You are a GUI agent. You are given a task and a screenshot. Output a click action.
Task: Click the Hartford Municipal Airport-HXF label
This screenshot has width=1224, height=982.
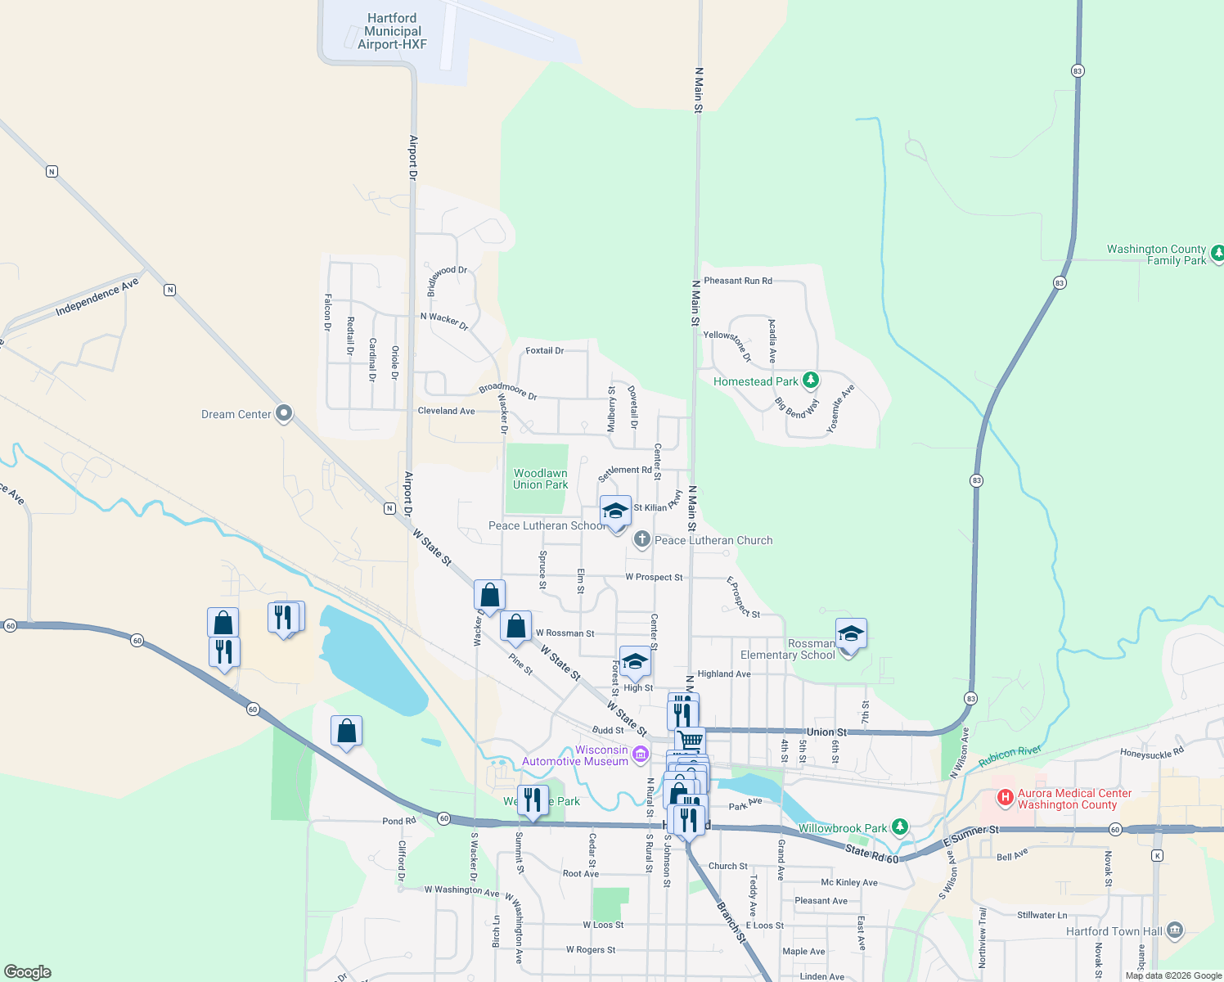tap(392, 31)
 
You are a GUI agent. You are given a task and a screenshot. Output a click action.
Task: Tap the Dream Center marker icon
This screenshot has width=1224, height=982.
tap(284, 413)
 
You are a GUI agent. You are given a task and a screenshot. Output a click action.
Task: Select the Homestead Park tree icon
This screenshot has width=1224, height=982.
tap(810, 381)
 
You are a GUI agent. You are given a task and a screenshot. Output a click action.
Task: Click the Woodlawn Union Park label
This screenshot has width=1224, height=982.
tap(540, 479)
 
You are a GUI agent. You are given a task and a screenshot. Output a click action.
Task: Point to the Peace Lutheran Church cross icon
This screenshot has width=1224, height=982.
tap(642, 538)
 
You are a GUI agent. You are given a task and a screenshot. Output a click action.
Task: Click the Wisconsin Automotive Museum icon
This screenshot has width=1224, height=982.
tap(641, 754)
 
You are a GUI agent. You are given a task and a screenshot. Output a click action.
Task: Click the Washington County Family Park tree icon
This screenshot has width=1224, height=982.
tap(1217, 254)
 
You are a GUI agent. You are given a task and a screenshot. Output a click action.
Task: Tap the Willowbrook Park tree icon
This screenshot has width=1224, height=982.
tap(899, 827)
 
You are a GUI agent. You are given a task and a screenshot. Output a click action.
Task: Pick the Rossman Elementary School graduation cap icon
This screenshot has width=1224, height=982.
tap(851, 633)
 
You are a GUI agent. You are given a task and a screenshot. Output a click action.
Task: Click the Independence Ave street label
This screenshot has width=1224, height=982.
tap(97, 297)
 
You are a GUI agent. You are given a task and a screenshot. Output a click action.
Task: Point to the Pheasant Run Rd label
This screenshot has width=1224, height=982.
tap(738, 281)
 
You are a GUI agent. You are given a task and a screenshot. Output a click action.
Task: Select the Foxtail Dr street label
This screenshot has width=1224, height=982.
tap(544, 350)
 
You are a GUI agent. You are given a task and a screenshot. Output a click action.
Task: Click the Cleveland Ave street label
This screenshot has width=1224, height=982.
tap(446, 411)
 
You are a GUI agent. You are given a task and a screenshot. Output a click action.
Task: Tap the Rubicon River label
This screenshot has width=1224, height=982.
tap(1010, 756)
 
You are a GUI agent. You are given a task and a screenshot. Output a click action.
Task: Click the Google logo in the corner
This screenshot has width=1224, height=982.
tap(28, 971)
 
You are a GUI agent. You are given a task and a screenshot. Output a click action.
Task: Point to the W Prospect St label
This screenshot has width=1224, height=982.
tap(654, 577)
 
